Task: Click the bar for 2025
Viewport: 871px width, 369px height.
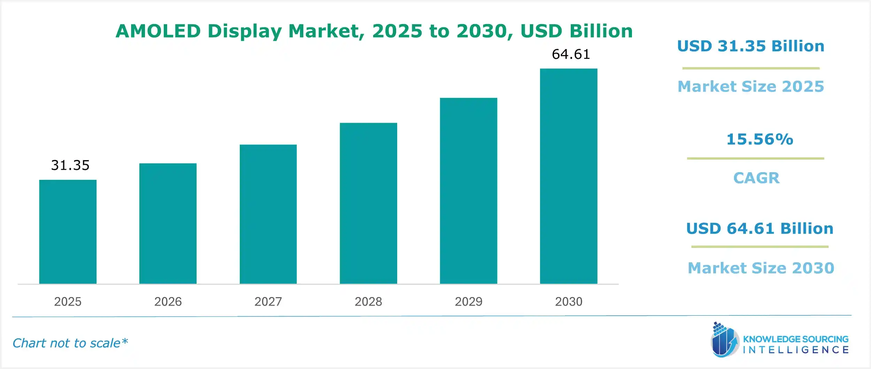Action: click(68, 232)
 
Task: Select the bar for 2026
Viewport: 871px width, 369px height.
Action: click(168, 223)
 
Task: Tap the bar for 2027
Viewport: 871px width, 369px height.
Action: click(268, 214)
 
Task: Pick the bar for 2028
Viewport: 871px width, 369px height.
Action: click(368, 203)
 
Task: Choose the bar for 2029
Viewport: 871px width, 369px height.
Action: click(468, 191)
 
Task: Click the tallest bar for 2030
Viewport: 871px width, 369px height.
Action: click(569, 176)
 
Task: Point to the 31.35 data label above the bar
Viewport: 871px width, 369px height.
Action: click(70, 165)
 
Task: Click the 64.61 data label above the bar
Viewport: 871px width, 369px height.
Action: click(571, 54)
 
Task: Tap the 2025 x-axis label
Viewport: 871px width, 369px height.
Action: click(68, 301)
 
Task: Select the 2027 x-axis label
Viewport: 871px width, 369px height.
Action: click(268, 301)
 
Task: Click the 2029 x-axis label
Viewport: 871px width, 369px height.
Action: click(468, 301)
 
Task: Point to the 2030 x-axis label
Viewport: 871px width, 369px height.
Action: click(569, 301)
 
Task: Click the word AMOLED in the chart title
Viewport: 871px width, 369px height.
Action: click(158, 31)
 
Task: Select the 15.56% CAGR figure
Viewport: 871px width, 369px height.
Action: click(760, 139)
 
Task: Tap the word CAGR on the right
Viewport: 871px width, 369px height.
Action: click(756, 178)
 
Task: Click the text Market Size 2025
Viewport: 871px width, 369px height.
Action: click(751, 86)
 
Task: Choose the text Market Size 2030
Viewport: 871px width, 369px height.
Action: click(761, 268)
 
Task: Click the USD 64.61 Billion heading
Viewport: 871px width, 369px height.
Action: click(760, 229)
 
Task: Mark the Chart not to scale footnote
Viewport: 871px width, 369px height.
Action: click(70, 343)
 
